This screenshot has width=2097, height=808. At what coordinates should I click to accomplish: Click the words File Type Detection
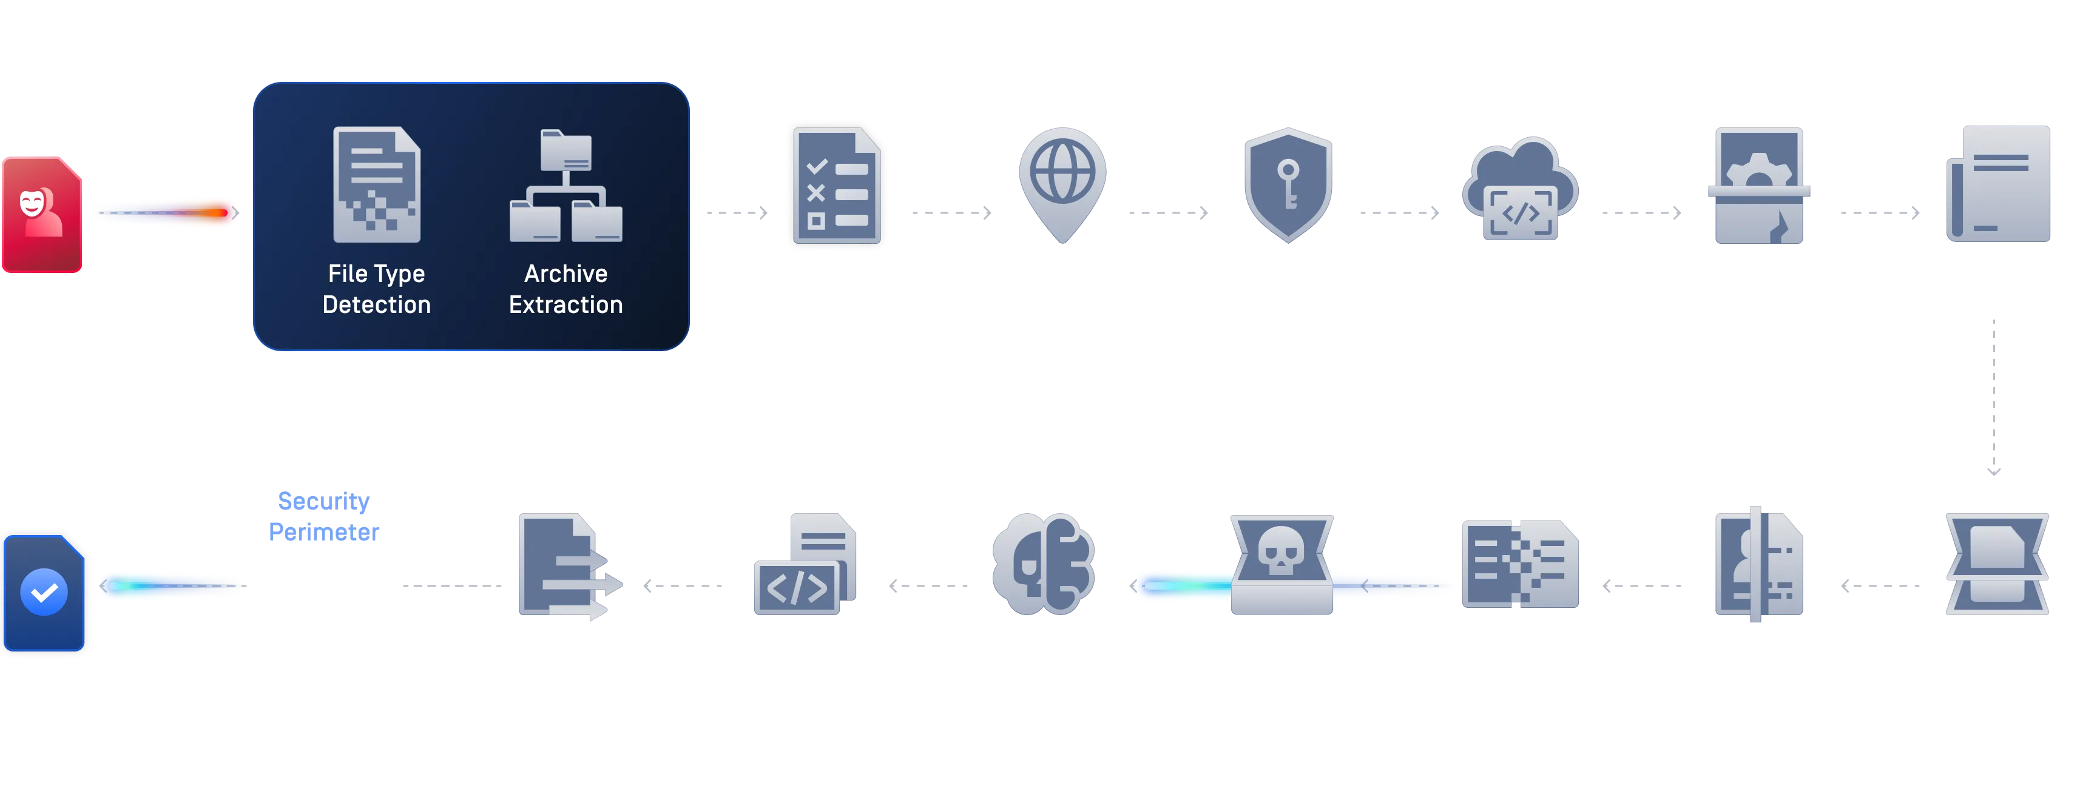pyautogui.click(x=376, y=289)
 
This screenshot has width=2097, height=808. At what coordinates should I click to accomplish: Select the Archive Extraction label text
pyautogui.click(x=566, y=289)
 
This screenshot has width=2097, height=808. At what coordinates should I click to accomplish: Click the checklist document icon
pyautogui.click(x=837, y=186)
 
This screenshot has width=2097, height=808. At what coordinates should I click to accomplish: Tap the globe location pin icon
pyautogui.click(x=1062, y=184)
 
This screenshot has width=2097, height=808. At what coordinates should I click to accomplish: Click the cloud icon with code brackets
pyautogui.click(x=1520, y=190)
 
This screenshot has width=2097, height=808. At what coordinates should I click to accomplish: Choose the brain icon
pyautogui.click(x=1043, y=563)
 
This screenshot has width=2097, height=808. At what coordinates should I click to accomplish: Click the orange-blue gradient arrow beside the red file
pyautogui.click(x=166, y=213)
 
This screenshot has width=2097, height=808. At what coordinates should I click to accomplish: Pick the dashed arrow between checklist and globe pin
pyautogui.click(x=953, y=213)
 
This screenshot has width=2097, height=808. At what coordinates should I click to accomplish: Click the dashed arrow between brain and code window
pyautogui.click(x=930, y=585)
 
